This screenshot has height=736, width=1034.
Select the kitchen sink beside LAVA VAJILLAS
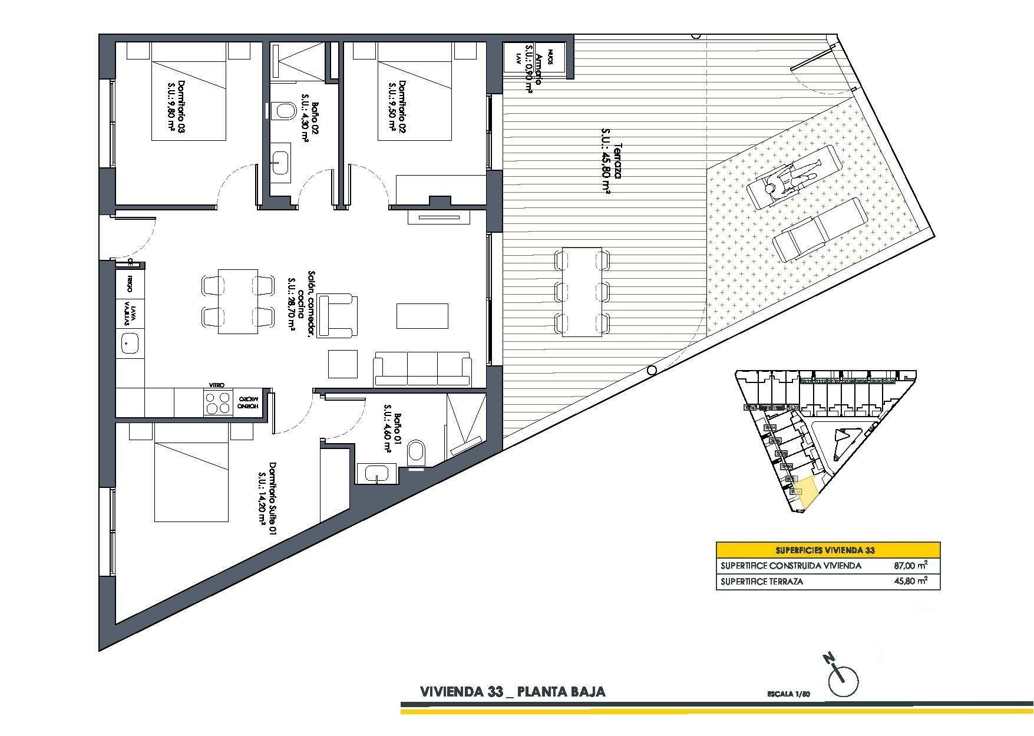pyautogui.click(x=129, y=343)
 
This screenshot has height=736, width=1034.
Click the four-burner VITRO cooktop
pyautogui.click(x=219, y=402)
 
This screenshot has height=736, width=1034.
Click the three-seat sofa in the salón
pyautogui.click(x=422, y=369)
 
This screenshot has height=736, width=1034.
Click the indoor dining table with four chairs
pyautogui.click(x=237, y=301)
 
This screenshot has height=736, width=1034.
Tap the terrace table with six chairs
pyautogui.click(x=582, y=291)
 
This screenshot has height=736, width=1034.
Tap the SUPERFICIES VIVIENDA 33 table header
pyautogui.click(x=827, y=550)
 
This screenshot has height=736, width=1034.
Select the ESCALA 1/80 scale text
pyautogui.click(x=789, y=694)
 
